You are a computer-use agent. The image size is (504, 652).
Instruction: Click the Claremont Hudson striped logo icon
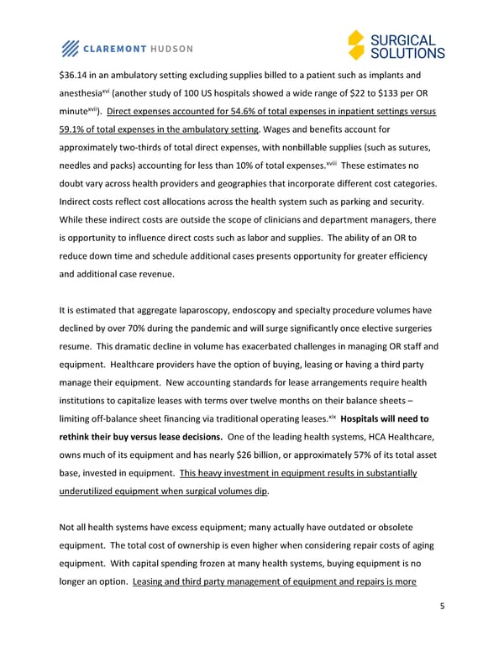(x=72, y=48)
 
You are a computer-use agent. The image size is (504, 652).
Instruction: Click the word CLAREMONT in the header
(x=120, y=48)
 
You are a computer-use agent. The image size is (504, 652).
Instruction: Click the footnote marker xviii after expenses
(x=334, y=163)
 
